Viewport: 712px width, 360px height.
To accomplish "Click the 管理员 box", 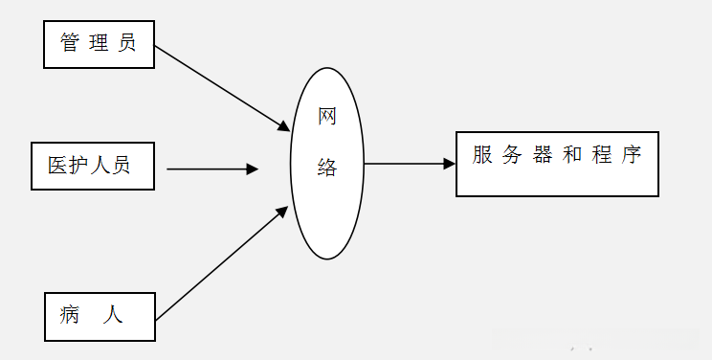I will [99, 44].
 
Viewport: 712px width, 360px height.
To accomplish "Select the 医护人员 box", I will [92, 166].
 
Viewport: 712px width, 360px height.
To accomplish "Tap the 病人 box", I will [99, 316].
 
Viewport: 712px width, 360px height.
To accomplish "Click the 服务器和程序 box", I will [557, 164].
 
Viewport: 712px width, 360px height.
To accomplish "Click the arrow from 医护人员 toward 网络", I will [211, 169].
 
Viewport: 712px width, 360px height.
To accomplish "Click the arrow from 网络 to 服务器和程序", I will [407, 164].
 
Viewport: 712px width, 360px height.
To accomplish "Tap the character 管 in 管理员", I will [70, 43].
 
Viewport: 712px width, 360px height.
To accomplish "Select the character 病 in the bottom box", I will [70, 313].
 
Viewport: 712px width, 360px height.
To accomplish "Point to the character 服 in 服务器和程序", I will [482, 154].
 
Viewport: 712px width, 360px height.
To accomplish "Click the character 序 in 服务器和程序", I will [631, 154].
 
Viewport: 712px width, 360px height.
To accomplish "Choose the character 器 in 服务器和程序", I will [543, 154].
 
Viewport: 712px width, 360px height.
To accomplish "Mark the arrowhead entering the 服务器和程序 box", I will [449, 164].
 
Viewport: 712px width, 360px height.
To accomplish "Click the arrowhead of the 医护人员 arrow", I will [253, 169].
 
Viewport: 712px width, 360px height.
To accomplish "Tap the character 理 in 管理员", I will [98, 43].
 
